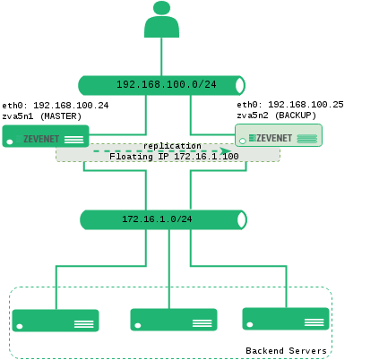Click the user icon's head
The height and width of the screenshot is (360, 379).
161,8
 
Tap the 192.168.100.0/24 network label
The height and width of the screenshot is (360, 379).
167,84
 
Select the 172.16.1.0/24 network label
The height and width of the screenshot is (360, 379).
157,219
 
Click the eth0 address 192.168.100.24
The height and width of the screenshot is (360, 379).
71,106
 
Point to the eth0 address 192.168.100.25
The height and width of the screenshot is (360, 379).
306,105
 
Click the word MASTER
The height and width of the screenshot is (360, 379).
61,116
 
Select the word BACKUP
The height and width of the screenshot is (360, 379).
296,116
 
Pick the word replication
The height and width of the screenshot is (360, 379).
172,146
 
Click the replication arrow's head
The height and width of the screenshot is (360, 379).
225,151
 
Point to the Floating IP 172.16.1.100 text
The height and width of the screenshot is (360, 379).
174,156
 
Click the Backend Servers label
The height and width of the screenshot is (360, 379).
286,350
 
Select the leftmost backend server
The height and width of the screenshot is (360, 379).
56,321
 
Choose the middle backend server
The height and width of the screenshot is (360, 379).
174,320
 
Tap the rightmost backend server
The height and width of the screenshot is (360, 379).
286,319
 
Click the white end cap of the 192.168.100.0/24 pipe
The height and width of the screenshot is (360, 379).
240,85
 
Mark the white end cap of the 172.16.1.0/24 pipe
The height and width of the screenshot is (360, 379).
242,219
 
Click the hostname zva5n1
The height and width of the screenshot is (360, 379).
18,116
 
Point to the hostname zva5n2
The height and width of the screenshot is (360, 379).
253,116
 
